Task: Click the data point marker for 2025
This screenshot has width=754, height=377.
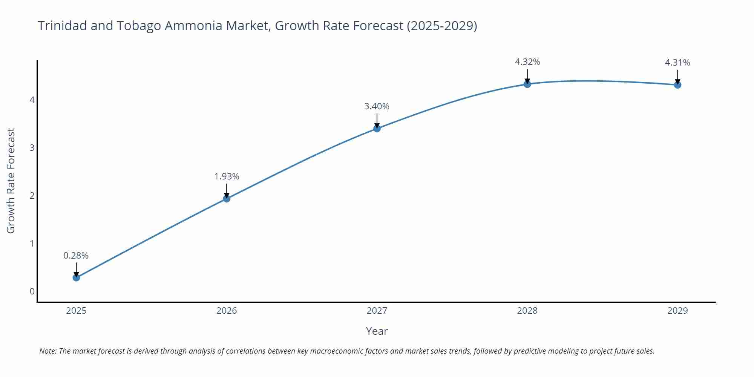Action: (x=76, y=277)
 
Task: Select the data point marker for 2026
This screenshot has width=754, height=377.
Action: (x=227, y=199)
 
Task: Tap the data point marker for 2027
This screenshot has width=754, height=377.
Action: (x=377, y=129)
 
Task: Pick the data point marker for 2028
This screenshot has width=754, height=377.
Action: (x=527, y=84)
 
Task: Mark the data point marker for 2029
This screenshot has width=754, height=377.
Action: (x=677, y=85)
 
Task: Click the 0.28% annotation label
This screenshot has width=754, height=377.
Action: (x=76, y=256)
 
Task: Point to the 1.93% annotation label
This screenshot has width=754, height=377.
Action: (x=227, y=176)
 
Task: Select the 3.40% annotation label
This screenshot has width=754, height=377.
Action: (x=377, y=106)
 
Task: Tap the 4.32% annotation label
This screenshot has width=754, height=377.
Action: (x=527, y=62)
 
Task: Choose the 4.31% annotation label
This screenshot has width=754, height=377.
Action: (x=677, y=63)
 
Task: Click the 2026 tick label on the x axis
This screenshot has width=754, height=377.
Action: (x=227, y=311)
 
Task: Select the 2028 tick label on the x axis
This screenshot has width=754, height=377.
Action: (x=527, y=311)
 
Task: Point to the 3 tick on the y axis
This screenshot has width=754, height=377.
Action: (x=32, y=148)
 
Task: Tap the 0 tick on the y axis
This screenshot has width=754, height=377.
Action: (x=32, y=291)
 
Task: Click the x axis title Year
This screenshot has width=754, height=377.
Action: (x=377, y=331)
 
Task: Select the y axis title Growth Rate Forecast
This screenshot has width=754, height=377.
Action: (x=11, y=181)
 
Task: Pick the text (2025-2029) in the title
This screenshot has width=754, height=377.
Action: (x=442, y=26)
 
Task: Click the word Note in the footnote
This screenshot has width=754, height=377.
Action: (x=48, y=351)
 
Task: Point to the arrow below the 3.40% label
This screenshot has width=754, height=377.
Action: (x=377, y=121)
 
